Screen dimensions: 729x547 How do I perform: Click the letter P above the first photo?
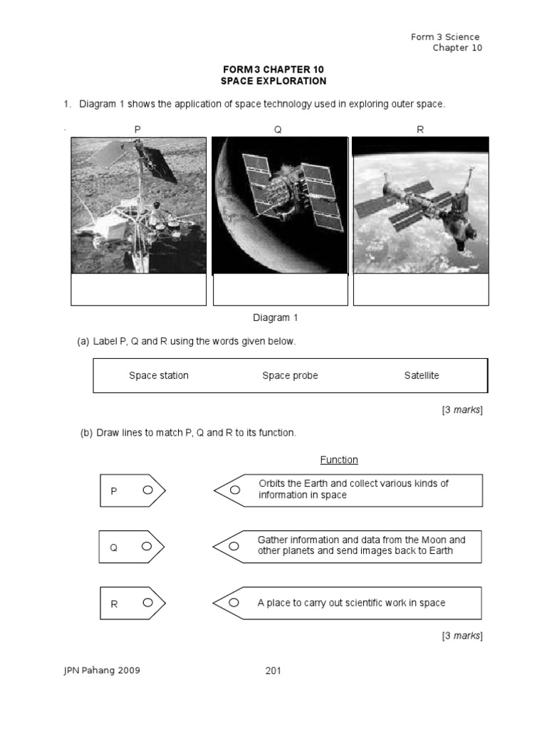137,129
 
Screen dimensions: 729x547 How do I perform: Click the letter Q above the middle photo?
278,129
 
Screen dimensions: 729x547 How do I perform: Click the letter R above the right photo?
420,129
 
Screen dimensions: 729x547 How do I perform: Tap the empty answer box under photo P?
138,290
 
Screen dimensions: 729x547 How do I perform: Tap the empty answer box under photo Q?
280,290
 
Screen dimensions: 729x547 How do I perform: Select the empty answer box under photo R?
421,290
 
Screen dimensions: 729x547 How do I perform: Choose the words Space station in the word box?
159,375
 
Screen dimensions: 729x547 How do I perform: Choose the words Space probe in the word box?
290,375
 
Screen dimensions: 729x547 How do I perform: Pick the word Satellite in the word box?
422,375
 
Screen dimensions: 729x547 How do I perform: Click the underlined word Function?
339,460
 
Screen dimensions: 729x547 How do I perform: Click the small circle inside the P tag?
147,490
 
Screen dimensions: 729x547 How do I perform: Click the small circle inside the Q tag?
147,546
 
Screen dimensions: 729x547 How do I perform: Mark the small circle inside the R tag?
147,602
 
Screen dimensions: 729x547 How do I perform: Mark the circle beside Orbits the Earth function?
234,490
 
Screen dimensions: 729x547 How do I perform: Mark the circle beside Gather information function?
234,547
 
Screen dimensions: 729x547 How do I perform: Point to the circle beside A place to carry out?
234,603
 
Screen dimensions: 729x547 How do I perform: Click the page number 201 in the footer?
273,671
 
